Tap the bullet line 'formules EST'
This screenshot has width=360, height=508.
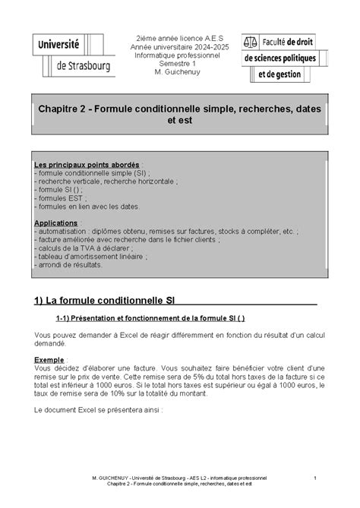(58, 194)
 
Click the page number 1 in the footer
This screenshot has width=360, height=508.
(314, 478)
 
